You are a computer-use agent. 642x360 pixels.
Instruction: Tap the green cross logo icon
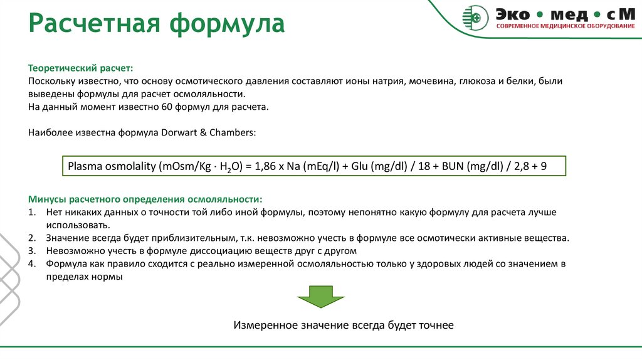[x=475, y=17]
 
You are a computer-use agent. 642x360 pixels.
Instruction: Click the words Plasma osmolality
[x=112, y=167]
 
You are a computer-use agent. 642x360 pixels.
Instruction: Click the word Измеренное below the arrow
[x=265, y=326]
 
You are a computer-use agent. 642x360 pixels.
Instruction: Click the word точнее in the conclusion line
[x=434, y=326]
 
